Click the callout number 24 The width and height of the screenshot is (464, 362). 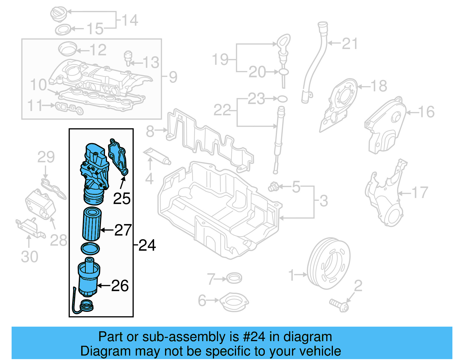[147, 245]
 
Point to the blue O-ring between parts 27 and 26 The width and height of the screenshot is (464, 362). [90, 248]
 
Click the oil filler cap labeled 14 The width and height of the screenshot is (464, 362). [59, 14]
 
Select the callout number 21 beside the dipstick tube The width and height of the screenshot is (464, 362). [350, 44]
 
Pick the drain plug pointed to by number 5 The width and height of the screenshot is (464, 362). [273, 187]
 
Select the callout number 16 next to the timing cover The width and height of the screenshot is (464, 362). [426, 112]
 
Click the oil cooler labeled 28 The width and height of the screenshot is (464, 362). [40, 204]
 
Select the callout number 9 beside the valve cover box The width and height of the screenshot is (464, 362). [173, 77]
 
